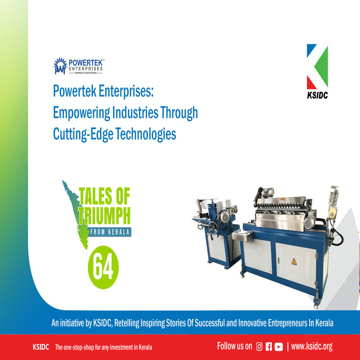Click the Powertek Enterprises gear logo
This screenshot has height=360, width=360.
[x=60, y=66]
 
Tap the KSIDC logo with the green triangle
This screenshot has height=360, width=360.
[x=317, y=72]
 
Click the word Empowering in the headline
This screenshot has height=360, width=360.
[x=81, y=113]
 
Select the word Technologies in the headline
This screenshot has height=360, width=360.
[x=145, y=134]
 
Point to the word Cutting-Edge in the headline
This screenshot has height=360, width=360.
[x=83, y=134]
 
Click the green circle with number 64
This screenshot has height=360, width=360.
[x=103, y=267]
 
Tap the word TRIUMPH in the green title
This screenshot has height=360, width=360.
[x=104, y=216]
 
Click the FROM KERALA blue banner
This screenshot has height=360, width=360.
[x=109, y=232]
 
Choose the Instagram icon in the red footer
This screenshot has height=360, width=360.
[x=259, y=346]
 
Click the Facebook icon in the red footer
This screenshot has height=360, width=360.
[x=269, y=346]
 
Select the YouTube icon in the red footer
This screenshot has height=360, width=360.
[x=279, y=346]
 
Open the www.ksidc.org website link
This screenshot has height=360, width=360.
[x=312, y=346]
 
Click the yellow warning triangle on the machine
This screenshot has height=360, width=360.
[x=294, y=261]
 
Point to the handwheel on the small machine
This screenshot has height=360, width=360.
[x=213, y=228]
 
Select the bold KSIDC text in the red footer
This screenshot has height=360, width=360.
[x=41, y=346]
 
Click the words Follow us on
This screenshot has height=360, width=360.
[x=234, y=346]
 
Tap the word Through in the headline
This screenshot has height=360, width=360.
[x=179, y=113]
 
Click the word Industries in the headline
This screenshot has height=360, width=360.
[x=135, y=112]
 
